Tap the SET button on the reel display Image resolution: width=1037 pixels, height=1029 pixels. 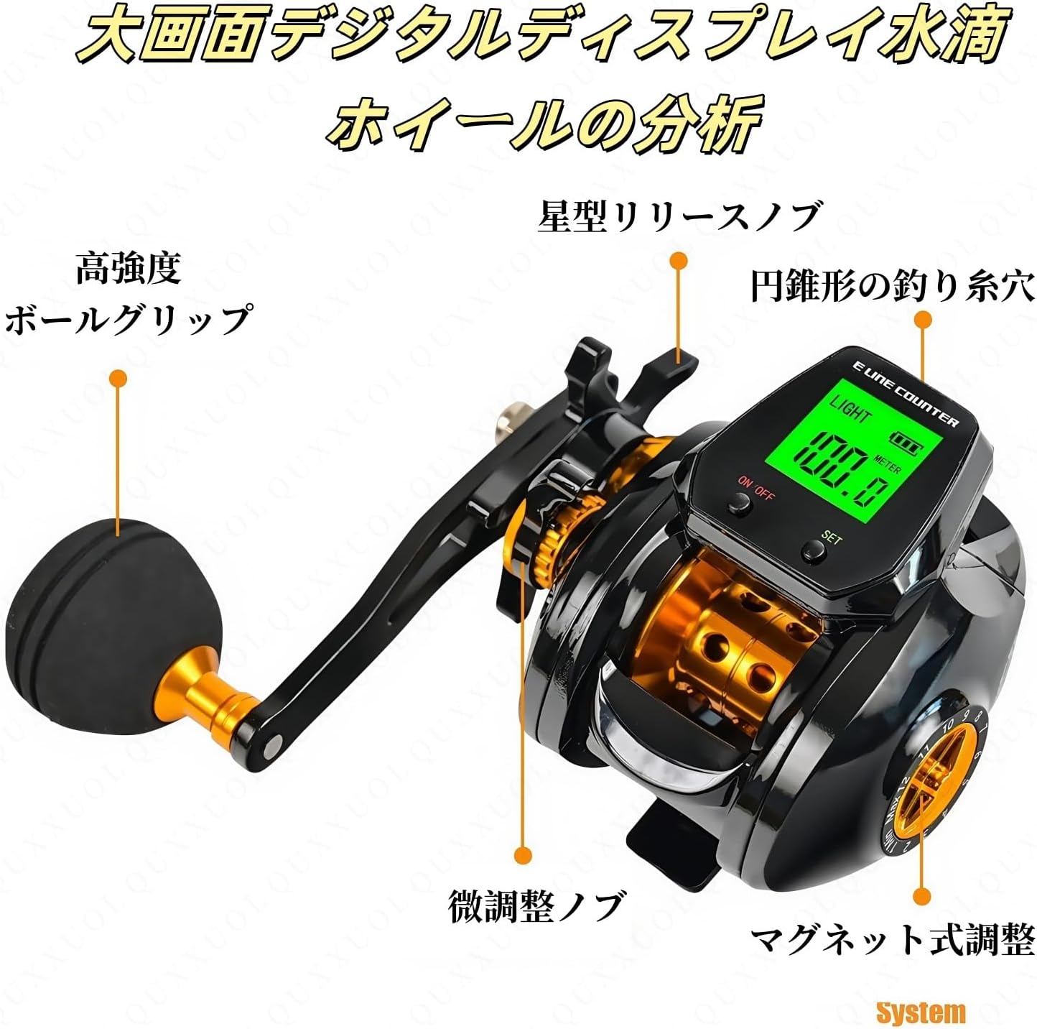point(813,550)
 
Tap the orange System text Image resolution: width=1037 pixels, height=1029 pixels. point(921,1011)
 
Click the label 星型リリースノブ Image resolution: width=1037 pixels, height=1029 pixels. point(678,217)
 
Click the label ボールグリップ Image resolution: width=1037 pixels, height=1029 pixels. point(128,320)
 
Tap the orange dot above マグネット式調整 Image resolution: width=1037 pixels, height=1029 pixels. point(921,895)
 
